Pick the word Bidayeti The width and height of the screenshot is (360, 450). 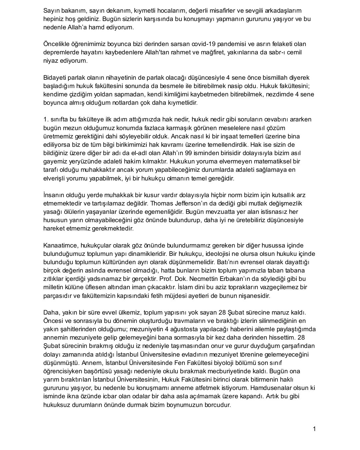tap(55, 77)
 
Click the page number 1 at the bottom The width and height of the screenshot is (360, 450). tap(314, 429)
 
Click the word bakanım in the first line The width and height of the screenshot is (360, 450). tap(73, 11)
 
